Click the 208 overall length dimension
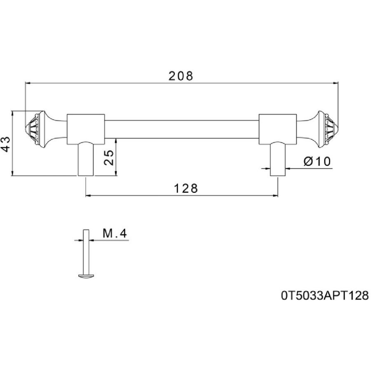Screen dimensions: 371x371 [181, 76]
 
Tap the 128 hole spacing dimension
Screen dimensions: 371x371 [185, 188]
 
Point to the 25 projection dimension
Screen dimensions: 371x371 [109, 157]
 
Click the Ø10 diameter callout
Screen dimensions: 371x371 [317, 161]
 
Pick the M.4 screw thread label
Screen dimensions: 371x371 [115, 234]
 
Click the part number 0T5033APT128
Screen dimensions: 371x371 [325, 296]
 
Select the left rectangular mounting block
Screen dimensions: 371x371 [86, 129]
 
